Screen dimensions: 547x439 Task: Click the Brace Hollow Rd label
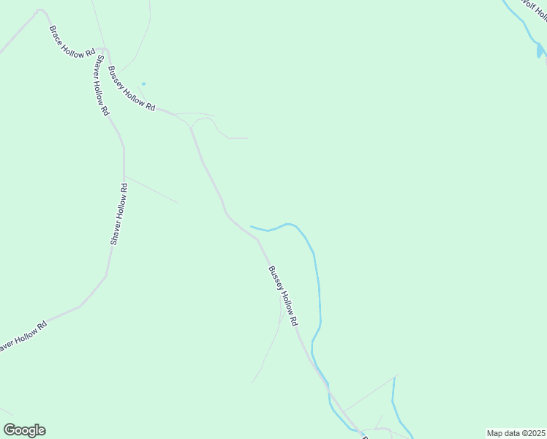[72, 43]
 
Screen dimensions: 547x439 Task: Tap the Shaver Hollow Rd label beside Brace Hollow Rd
[100, 86]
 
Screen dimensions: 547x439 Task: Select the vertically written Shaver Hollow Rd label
[119, 214]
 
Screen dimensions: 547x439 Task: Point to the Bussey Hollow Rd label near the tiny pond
[132, 89]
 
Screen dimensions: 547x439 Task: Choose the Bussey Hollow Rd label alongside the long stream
[283, 296]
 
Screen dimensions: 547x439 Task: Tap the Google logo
[24, 430]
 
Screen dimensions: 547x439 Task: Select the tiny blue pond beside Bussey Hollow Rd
[143, 83]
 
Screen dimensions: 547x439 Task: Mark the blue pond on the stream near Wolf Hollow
[540, 50]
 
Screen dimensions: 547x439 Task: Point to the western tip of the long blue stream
[252, 226]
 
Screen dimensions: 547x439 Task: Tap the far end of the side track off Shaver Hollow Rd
[178, 203]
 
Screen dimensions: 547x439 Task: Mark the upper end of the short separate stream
[394, 378]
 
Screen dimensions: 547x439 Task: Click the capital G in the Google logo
[10, 429]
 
